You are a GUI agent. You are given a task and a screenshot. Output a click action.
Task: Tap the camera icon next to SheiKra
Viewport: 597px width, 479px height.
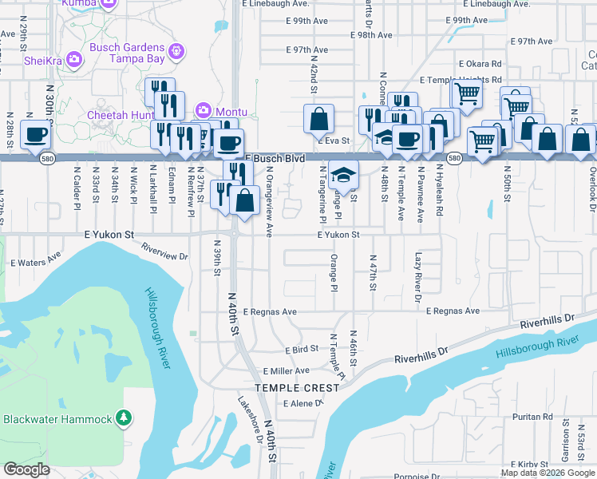(x=73, y=59)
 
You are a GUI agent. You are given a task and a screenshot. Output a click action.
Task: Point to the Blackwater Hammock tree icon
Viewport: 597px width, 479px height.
(x=123, y=418)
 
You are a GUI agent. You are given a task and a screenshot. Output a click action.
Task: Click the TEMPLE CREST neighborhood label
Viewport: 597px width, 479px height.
(x=297, y=388)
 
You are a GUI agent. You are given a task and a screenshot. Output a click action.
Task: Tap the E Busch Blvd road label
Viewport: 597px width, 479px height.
(x=275, y=159)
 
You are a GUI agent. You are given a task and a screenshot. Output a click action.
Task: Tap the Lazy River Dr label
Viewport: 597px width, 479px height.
(x=417, y=278)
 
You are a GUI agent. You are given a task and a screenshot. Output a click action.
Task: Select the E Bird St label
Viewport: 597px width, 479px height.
(x=302, y=349)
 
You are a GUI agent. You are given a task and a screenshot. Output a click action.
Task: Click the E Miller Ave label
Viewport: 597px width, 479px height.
(x=291, y=370)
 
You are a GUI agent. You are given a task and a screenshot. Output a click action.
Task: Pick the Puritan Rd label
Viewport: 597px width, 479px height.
(x=534, y=417)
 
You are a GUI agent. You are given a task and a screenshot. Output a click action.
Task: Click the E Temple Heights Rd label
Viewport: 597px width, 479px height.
(x=461, y=80)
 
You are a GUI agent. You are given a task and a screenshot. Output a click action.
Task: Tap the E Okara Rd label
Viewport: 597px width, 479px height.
(x=480, y=64)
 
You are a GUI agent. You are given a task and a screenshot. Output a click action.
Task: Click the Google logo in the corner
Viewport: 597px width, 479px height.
(x=26, y=469)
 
